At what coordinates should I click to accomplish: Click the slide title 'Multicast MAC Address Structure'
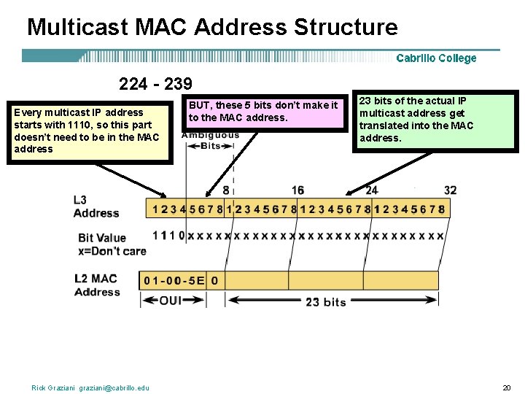click(212, 27)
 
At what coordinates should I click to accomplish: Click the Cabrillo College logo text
click(436, 58)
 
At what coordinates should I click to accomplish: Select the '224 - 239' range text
click(155, 84)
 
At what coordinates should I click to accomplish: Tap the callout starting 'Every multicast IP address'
click(89, 131)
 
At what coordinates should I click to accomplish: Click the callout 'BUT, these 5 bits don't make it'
click(263, 112)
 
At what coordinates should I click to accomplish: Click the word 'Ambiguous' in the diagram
click(210, 135)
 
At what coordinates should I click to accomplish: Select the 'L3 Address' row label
click(96, 206)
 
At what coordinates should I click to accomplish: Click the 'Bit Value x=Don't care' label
click(112, 244)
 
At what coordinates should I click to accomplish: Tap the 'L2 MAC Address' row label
click(96, 285)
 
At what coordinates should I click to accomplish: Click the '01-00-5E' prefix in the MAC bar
click(176, 280)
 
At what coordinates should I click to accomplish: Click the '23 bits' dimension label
click(325, 301)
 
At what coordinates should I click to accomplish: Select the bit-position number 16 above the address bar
click(297, 190)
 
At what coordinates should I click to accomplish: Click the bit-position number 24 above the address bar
click(372, 190)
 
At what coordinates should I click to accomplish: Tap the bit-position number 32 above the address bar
click(450, 190)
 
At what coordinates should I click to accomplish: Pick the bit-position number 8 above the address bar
click(226, 190)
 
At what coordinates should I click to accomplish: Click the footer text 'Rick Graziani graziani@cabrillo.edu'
click(90, 387)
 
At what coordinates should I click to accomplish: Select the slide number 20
click(506, 387)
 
